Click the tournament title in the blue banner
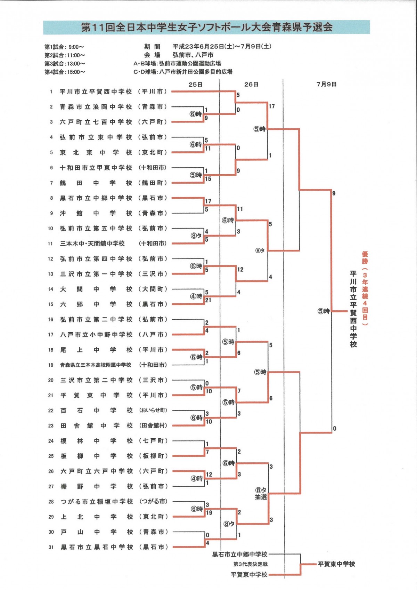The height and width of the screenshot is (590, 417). pyautogui.click(x=206, y=27)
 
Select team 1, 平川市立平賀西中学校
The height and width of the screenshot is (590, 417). pyautogui.click(x=96, y=91)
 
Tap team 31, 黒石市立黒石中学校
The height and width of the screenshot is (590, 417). pyautogui.click(x=97, y=547)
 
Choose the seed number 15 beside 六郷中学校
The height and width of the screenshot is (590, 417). pyautogui.click(x=51, y=304)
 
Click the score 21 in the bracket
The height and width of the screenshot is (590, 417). pyautogui.click(x=208, y=300)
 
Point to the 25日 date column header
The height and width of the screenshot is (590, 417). pyautogui.click(x=196, y=85)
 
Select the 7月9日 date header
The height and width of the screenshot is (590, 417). pyautogui.click(x=326, y=84)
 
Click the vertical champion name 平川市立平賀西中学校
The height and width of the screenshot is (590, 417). pyautogui.click(x=353, y=309)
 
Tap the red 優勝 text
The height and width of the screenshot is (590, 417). pyautogui.click(x=365, y=258)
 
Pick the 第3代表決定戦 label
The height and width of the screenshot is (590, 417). pyautogui.click(x=250, y=564)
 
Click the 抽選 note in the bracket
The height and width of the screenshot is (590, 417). pyautogui.click(x=261, y=497)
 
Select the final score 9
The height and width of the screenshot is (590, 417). pyautogui.click(x=334, y=193)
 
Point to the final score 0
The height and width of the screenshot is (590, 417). pyautogui.click(x=335, y=429)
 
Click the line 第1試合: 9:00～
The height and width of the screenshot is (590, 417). pyautogui.click(x=64, y=47)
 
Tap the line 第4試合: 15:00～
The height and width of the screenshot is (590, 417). pyautogui.click(x=65, y=72)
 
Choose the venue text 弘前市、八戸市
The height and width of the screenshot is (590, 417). pyautogui.click(x=193, y=55)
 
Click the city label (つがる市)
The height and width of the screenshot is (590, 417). pyautogui.click(x=153, y=501)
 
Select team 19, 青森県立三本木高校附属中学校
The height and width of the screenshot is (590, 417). pyautogui.click(x=96, y=365)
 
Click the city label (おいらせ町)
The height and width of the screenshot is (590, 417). pyautogui.click(x=153, y=410)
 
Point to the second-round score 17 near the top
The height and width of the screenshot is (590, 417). pyautogui.click(x=272, y=106)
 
